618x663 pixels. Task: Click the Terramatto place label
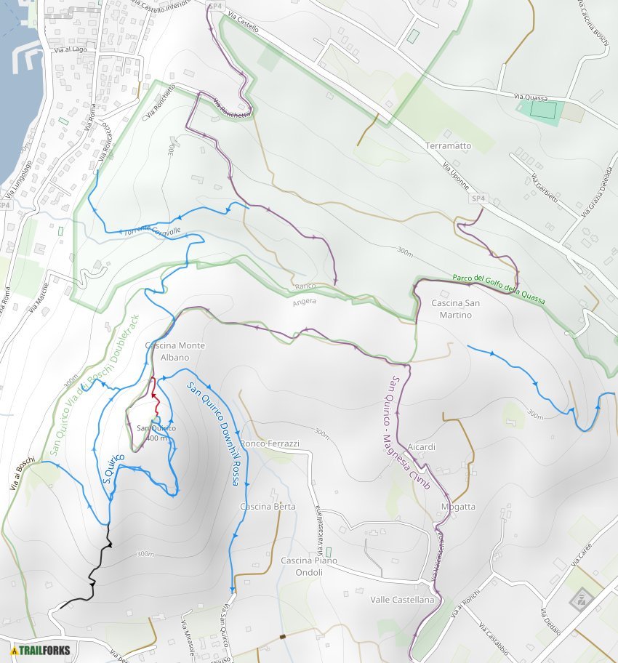point(449,145)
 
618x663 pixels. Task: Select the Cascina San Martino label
point(456,309)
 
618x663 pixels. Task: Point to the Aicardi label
point(422,446)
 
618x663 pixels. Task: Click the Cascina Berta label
point(268,507)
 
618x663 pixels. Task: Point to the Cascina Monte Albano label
point(175,351)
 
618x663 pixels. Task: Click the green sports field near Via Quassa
point(543,110)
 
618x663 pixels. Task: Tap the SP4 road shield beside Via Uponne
point(478,198)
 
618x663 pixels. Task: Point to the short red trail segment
point(155,395)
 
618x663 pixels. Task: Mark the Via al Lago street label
point(70,49)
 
